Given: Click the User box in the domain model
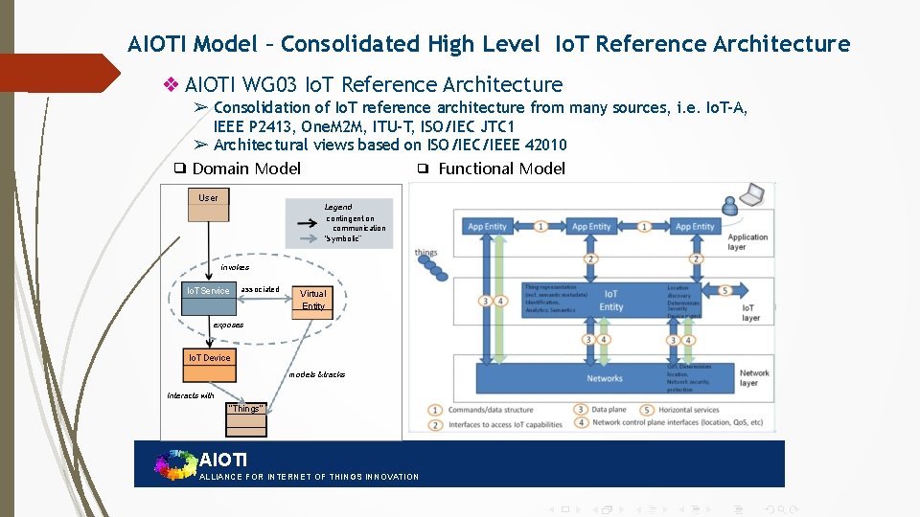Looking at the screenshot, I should pyautogui.click(x=208, y=198).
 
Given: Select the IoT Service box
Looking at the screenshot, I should pyautogui.click(x=208, y=291).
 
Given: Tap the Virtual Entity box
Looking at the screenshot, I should pyautogui.click(x=313, y=300).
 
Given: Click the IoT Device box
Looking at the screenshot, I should pyautogui.click(x=209, y=358).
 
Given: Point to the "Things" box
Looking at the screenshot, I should pyautogui.click(x=245, y=409).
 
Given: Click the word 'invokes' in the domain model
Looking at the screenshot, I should pyautogui.click(x=235, y=268).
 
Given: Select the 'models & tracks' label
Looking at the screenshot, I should pyautogui.click(x=317, y=374).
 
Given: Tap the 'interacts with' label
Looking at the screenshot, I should pyautogui.click(x=191, y=395).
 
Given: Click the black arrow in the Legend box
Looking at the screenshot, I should pyautogui.click(x=308, y=222).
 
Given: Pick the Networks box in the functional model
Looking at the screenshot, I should pyautogui.click(x=605, y=378).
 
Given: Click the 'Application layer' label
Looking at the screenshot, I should pyautogui.click(x=748, y=241).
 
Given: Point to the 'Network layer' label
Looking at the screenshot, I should pyautogui.click(x=754, y=378).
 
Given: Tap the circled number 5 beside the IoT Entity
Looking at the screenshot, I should pyautogui.click(x=726, y=291).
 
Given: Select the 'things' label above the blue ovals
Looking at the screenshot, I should pyautogui.click(x=425, y=253).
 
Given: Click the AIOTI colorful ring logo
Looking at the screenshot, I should pyautogui.click(x=174, y=464).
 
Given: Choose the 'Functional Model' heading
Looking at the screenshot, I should pyautogui.click(x=501, y=169).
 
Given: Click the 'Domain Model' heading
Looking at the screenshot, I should pyautogui.click(x=246, y=169).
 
